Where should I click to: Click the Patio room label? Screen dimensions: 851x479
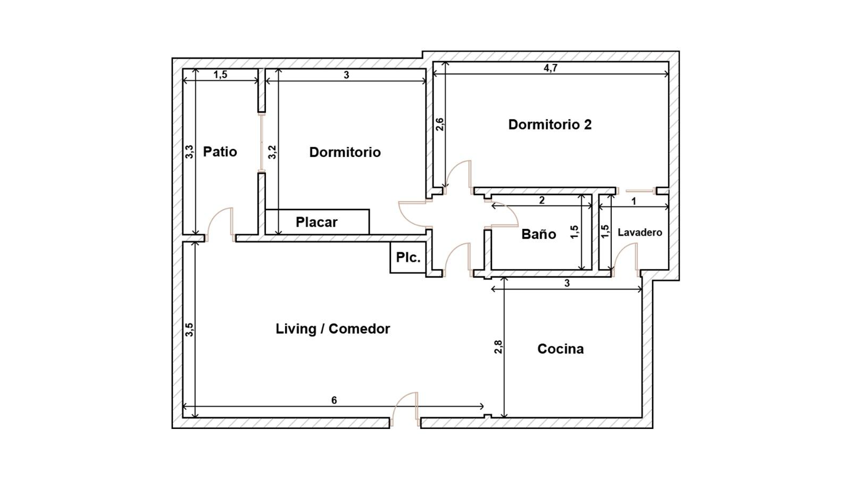tap(220, 152)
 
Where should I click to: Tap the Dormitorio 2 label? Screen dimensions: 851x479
tap(550, 125)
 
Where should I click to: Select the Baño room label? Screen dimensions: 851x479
tap(539, 234)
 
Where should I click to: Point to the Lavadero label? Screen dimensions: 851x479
tap(640, 232)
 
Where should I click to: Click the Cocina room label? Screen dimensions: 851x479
tap(561, 349)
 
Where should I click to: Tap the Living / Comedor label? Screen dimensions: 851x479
tap(333, 329)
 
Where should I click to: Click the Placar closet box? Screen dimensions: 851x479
tap(317, 221)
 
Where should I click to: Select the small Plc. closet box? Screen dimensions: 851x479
tap(407, 258)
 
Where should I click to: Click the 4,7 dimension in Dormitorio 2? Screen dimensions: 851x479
tap(550, 68)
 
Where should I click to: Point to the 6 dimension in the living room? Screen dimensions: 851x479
tap(334, 400)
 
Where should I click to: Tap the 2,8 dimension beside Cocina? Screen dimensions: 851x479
tap(498, 346)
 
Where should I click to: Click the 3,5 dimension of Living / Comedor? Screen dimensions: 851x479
tap(189, 329)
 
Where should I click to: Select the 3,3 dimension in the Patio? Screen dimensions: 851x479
tap(189, 152)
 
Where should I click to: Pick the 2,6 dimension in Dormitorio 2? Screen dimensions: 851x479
tap(439, 125)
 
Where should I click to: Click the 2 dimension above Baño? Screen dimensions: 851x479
tap(542, 200)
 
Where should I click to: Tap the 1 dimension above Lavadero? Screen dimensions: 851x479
tap(633, 201)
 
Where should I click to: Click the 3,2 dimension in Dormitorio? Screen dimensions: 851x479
tap(272, 152)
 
